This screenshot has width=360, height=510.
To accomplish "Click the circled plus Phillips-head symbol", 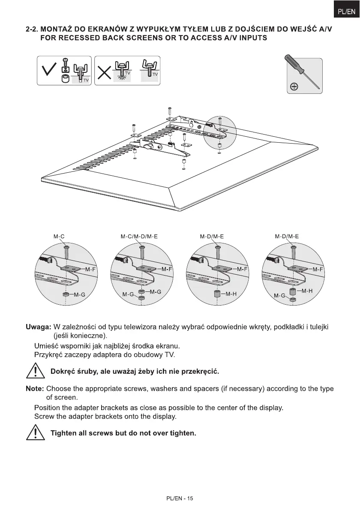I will (294, 87).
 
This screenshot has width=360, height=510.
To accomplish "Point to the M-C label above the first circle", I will (59, 236).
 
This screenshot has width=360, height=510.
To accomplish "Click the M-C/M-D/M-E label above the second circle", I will (139, 236).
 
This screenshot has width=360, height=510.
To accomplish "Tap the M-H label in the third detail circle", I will (231, 294).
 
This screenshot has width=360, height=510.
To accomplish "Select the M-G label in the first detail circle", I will (80, 295).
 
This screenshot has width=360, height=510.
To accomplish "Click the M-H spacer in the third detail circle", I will (217, 294).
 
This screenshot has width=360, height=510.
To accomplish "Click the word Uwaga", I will (39, 327).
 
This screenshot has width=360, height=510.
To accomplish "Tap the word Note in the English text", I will (35, 389).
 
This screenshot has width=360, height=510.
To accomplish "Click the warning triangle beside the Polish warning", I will (36, 370).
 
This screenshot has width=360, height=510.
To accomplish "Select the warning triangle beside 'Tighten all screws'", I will (36, 433).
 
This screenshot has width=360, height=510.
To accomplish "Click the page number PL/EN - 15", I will (180, 498).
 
